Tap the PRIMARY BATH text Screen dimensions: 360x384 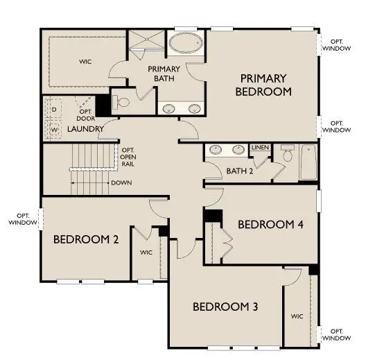tap(164, 74)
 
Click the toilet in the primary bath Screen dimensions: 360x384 tap(123, 103)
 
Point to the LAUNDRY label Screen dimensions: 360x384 tap(86, 129)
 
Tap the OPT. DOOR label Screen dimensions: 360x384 tap(85, 115)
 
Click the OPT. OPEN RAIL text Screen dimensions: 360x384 tap(128, 159)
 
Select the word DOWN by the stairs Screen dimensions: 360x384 tap(121, 183)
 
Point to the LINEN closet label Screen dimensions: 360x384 tap(260, 148)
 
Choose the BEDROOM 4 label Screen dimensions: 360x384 tap(270, 224)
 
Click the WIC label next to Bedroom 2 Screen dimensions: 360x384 tap(146, 252)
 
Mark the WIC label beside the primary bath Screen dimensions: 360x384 tap(85, 62)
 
